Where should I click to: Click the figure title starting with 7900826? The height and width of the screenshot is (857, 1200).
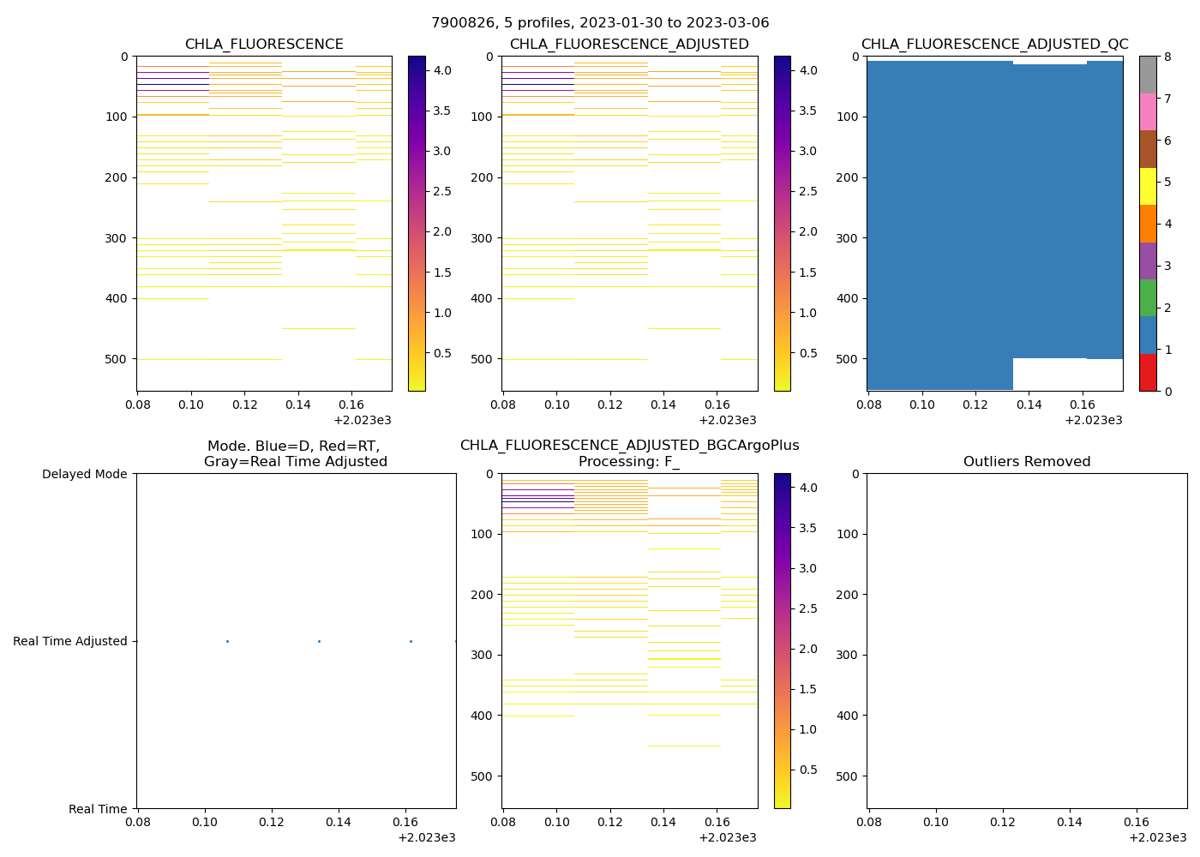[x=600, y=23]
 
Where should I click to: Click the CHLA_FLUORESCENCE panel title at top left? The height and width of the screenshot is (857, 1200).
[x=264, y=45]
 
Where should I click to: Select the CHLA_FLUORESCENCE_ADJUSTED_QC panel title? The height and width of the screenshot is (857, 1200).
[x=994, y=45]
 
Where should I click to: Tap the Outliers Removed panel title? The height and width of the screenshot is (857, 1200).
[x=1027, y=462]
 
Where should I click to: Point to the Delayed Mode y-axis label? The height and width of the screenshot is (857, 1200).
[x=84, y=474]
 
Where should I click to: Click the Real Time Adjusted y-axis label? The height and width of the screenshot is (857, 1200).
[x=69, y=641]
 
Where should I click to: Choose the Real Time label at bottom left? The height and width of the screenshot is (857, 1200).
[x=98, y=809]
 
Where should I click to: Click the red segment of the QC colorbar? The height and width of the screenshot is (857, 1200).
[x=1148, y=373]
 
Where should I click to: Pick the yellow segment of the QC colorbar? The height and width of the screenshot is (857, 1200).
[x=1148, y=187]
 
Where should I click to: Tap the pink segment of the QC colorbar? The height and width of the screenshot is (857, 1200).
[x=1148, y=112]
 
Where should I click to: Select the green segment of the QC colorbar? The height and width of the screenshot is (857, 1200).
[x=1148, y=298]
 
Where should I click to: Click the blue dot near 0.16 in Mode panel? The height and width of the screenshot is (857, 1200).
[x=411, y=641]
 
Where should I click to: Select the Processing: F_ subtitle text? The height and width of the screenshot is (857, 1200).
[x=629, y=462]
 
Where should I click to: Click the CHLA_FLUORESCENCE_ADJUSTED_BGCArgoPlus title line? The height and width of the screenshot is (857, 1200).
[x=629, y=446]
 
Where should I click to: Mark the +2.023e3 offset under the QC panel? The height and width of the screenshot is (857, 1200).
[x=1094, y=420]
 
